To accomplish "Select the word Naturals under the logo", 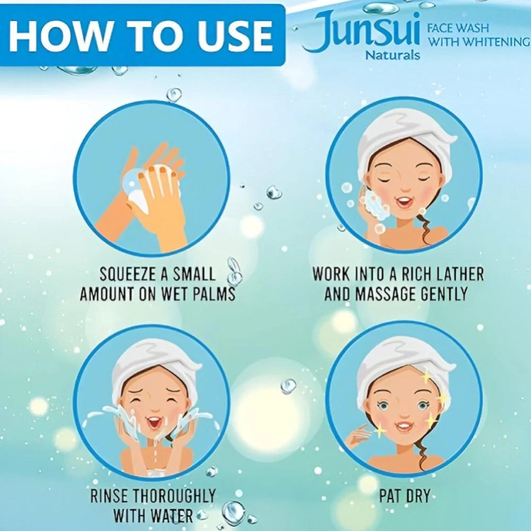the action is point(392,55).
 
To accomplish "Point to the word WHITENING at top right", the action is point(497,41).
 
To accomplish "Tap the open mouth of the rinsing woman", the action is point(154,422).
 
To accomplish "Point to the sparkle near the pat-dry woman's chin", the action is point(380,431).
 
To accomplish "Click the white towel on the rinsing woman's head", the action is point(154,364).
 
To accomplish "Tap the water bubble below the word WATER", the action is point(233,513).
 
